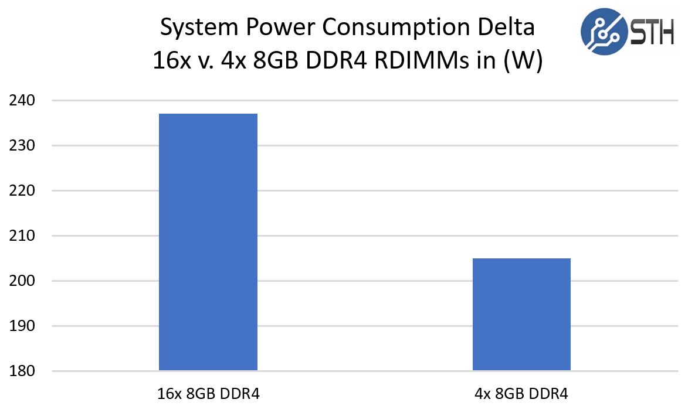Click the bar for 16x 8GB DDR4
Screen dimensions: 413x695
coord(208,241)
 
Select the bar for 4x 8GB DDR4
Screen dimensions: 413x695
coord(521,314)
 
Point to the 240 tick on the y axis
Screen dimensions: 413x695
coord(23,101)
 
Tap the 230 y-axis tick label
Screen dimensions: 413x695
coord(23,146)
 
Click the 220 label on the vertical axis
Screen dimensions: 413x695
coord(23,191)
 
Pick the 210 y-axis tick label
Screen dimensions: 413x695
coord(23,236)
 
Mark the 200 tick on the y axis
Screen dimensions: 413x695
coord(23,281)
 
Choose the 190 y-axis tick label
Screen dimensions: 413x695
coord(23,326)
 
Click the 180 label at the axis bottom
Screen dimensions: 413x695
coord(23,371)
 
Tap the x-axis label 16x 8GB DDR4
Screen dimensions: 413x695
coord(208,394)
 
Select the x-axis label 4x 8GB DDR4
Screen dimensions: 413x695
coord(521,394)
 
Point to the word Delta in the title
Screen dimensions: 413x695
coord(508,28)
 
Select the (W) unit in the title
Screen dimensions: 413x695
coord(523,60)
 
